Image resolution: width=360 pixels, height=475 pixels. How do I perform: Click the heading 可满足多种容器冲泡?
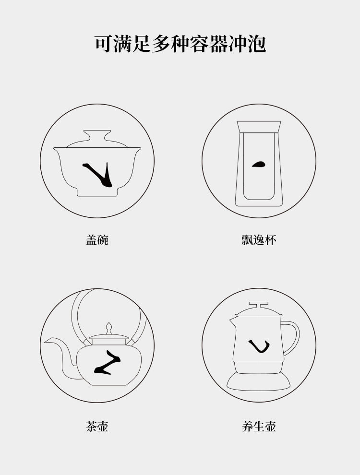click(180, 44)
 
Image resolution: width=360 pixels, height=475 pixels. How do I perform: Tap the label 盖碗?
click(97, 240)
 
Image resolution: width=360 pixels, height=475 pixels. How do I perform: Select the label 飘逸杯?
click(259, 240)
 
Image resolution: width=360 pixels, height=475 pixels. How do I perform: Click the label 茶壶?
click(97, 427)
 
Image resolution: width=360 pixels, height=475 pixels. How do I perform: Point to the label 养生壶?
click(259, 427)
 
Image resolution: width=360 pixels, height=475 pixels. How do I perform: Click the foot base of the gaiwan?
click(97, 192)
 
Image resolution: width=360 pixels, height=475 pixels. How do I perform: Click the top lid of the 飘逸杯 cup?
click(259, 127)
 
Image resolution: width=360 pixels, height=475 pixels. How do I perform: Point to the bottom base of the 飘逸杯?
click(259, 203)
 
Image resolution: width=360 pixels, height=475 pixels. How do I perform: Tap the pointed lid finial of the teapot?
click(109, 328)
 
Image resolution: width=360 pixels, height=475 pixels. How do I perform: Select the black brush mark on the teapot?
click(108, 363)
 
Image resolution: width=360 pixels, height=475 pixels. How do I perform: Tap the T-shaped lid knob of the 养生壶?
click(258, 305)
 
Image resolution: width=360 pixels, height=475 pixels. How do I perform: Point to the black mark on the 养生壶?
click(259, 346)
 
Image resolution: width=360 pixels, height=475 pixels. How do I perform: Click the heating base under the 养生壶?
click(259, 381)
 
